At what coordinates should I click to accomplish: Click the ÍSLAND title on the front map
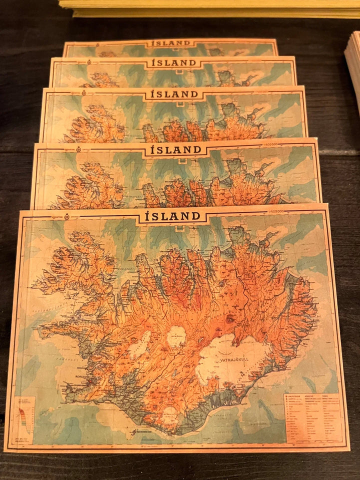pyautogui.click(x=172, y=216)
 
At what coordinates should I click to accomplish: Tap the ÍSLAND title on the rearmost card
pyautogui.click(x=170, y=43)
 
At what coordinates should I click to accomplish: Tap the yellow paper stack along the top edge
pyautogui.click(x=210, y=7)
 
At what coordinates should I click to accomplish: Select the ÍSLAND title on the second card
pyautogui.click(x=171, y=63)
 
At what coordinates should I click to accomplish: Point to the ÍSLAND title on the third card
pyautogui.click(x=173, y=94)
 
